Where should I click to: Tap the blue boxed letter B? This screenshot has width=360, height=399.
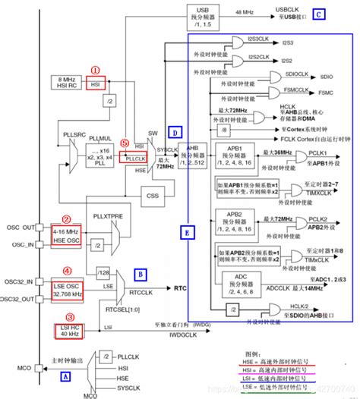coord(141,272)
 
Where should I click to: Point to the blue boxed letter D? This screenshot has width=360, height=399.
coord(174,132)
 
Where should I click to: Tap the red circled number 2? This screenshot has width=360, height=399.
coord(66,219)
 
